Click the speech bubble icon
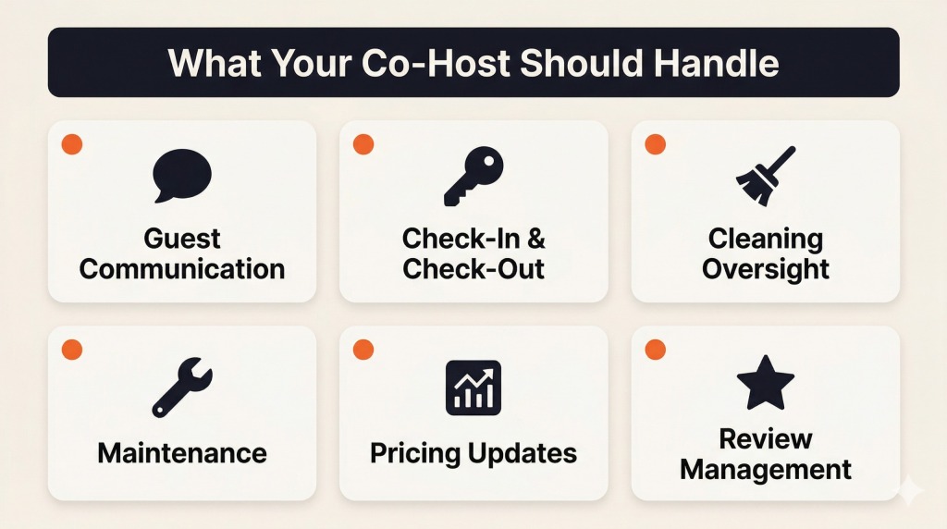[x=182, y=175]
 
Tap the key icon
[x=473, y=177]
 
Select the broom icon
[x=765, y=175]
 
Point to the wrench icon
[x=182, y=388]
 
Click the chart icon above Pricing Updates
[x=473, y=387]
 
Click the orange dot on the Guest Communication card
[x=71, y=144]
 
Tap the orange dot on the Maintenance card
[x=71, y=350]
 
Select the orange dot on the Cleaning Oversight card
[x=655, y=144]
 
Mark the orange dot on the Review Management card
[x=655, y=350]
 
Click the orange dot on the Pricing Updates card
[x=363, y=350]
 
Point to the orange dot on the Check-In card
[x=363, y=144]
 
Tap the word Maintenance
[x=182, y=453]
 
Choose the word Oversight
[x=766, y=269]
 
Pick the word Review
[x=766, y=437]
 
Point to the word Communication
[x=182, y=269]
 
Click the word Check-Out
[x=473, y=269]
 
